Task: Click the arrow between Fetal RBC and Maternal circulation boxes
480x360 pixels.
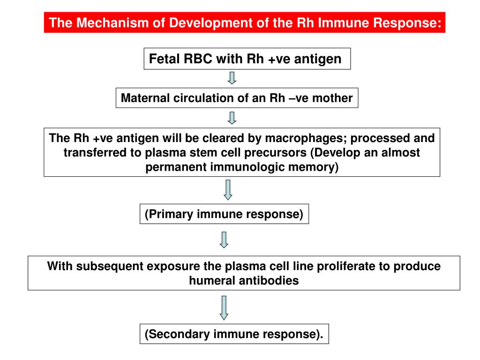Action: (232, 78)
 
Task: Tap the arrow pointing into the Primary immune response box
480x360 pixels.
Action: (228, 189)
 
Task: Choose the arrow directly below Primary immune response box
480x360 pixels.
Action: (224, 239)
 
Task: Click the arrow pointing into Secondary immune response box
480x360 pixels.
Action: (224, 307)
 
